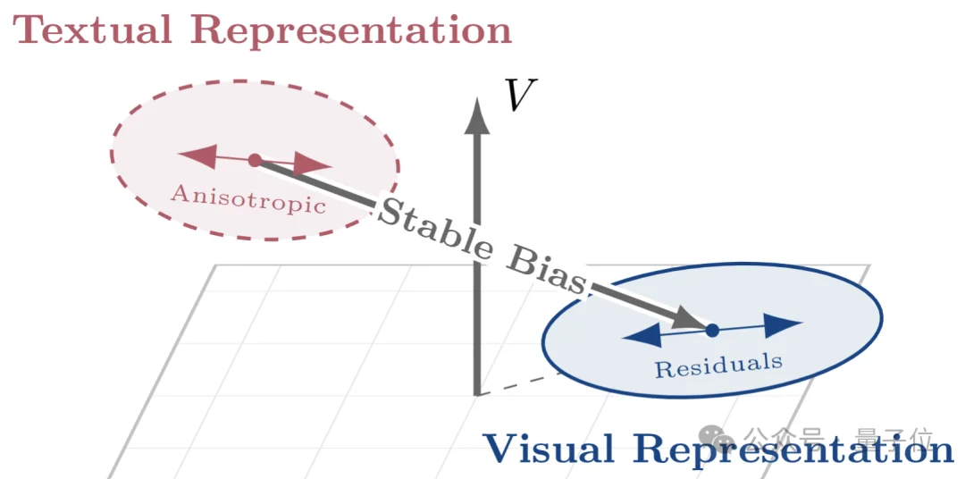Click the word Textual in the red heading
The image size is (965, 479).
pyautogui.click(x=92, y=29)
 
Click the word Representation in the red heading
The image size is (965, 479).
pyautogui.click(x=351, y=29)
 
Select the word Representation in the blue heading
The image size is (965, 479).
pyautogui.click(x=793, y=449)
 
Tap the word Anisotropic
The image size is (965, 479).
pyautogui.click(x=248, y=198)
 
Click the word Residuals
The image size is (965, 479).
pyautogui.click(x=719, y=365)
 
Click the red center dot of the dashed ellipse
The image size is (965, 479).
pyautogui.click(x=255, y=160)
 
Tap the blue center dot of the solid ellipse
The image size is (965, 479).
pyautogui.click(x=712, y=331)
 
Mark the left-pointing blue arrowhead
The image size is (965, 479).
pyautogui.click(x=642, y=335)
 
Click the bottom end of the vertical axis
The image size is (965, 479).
pyautogui.click(x=477, y=391)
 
